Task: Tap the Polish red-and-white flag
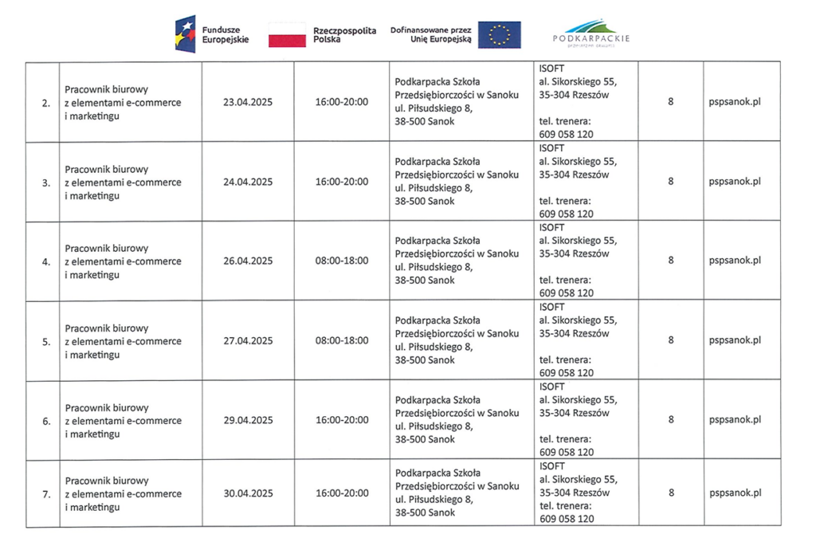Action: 287,35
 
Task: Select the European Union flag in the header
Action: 500,35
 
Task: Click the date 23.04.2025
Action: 248,102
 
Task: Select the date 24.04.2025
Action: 248,182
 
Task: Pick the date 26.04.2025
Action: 248,261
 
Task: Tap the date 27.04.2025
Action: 248,340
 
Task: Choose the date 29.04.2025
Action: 248,420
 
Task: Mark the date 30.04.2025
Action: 248,493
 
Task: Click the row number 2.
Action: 46,103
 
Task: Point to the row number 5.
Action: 46,341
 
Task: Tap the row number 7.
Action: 46,494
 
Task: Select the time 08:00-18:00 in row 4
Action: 342,261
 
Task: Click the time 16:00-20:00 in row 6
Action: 342,420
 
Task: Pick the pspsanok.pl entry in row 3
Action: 735,182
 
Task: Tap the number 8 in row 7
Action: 671,493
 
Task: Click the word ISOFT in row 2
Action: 551,69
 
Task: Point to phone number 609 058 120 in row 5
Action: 566,372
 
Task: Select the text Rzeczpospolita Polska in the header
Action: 345,35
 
